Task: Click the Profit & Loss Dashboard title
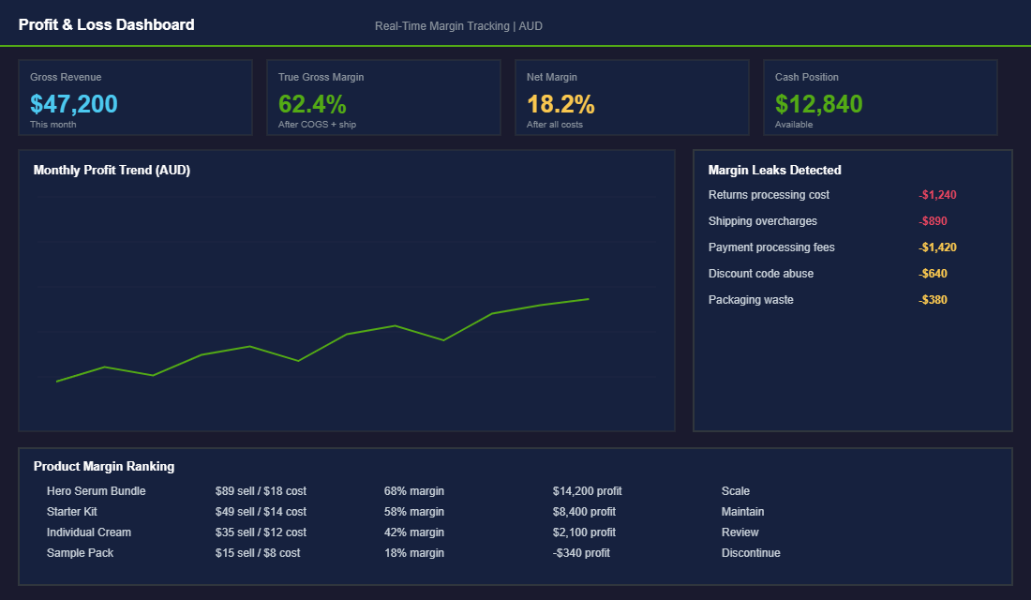pos(106,24)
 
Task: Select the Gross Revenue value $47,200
pos(74,104)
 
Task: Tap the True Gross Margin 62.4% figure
pos(312,104)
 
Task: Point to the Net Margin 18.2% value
pos(560,104)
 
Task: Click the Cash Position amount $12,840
pos(819,104)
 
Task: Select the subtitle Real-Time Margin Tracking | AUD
pos(458,26)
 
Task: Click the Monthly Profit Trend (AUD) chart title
pos(112,170)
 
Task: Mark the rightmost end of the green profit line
pos(589,299)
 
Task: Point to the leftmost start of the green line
pos(57,382)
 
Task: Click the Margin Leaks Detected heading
pos(774,170)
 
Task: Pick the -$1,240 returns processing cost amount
pos(937,195)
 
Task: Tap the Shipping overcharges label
pos(762,221)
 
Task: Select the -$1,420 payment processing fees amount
pos(937,247)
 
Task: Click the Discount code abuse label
pos(760,274)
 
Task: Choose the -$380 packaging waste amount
pos(934,300)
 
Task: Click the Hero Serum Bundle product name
pos(96,491)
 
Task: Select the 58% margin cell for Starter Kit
pos(413,512)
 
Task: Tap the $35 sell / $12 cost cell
pos(261,532)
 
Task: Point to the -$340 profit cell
pos(581,553)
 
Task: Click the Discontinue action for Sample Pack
pos(750,553)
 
